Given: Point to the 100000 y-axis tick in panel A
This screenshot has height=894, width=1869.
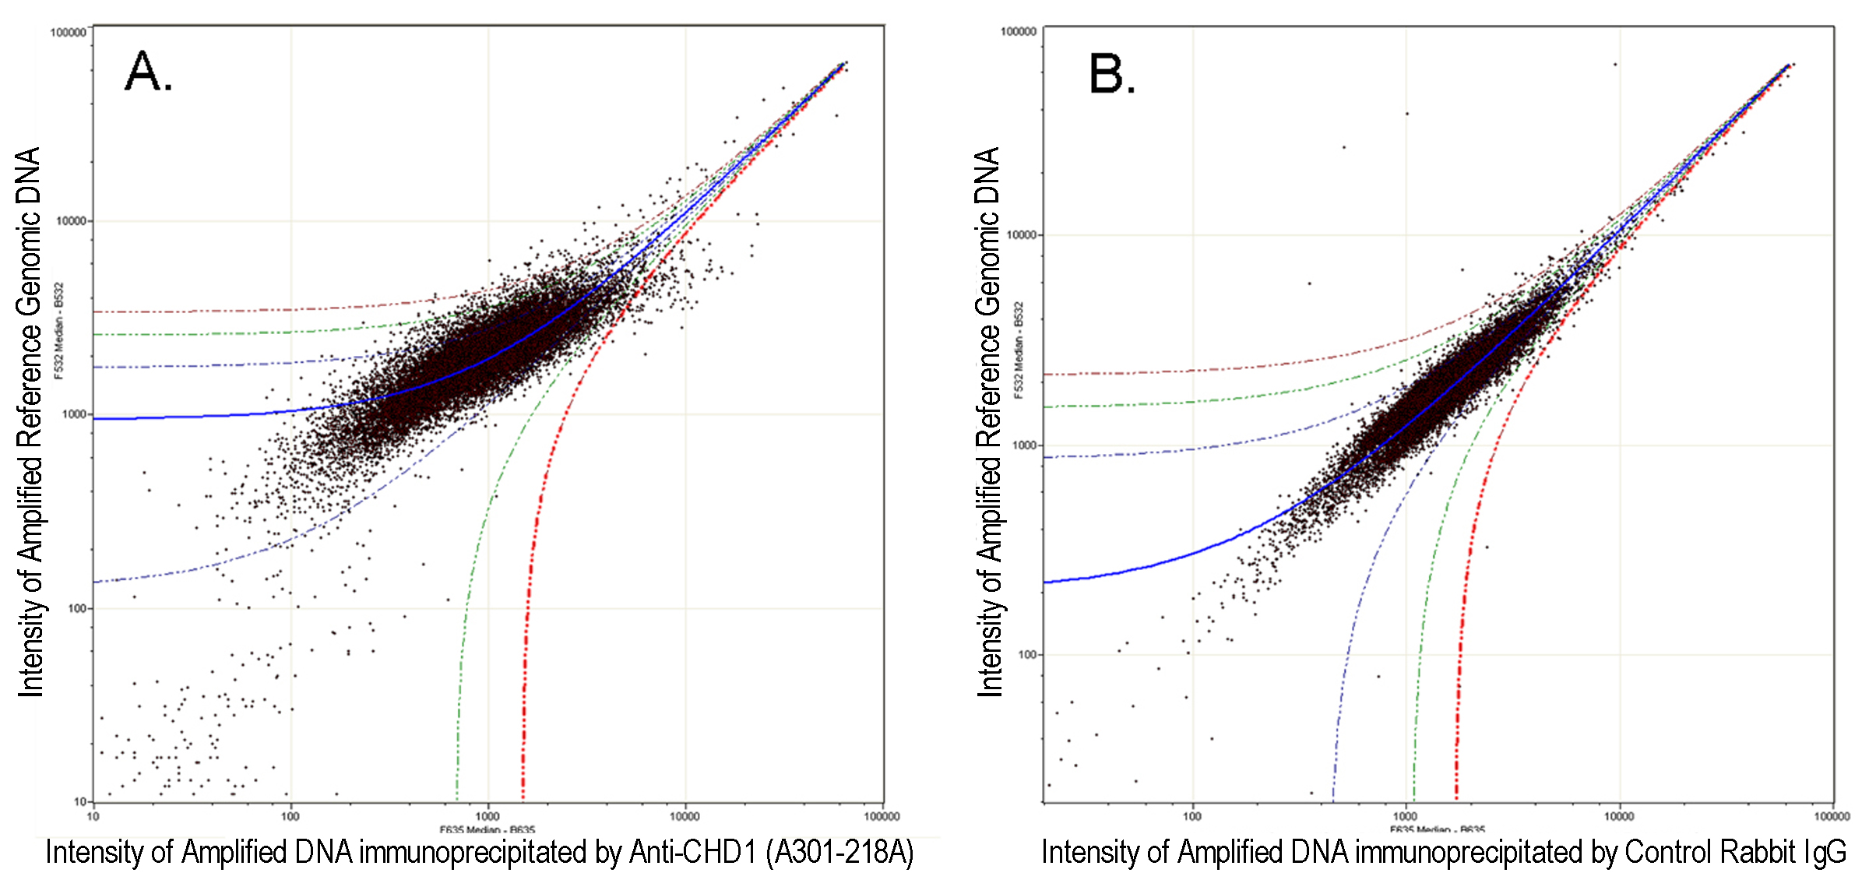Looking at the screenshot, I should click(x=68, y=33).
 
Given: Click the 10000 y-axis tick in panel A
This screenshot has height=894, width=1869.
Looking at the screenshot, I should click(x=71, y=221).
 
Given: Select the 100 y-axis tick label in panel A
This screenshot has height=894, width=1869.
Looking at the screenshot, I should click(x=76, y=608).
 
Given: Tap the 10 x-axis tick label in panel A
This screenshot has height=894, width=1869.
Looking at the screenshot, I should click(x=93, y=816).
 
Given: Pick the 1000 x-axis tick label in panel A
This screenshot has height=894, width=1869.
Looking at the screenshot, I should click(x=488, y=816).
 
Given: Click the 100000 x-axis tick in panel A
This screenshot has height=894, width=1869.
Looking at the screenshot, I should click(x=882, y=816).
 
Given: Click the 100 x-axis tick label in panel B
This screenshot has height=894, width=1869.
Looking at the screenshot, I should click(x=1192, y=816).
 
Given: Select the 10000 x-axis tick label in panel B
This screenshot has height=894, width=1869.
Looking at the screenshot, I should click(x=1619, y=816).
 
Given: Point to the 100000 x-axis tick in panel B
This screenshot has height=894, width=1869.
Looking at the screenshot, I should click(x=1832, y=816).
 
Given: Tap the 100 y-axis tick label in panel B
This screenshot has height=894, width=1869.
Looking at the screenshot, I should click(x=1028, y=655).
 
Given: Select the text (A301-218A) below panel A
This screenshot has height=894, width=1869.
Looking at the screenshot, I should click(x=839, y=853).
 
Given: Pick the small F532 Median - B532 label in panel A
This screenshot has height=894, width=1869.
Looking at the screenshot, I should click(x=58, y=331).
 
